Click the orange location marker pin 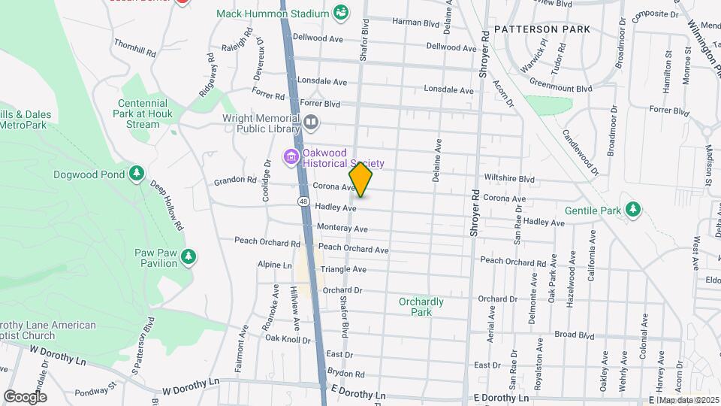(x=360, y=180)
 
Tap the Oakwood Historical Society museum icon (x=290, y=157)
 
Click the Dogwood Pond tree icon (x=136, y=174)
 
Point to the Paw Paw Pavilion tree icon (x=189, y=257)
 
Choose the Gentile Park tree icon (x=633, y=208)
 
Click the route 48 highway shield (x=303, y=201)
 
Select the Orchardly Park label (x=421, y=306)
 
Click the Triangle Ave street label (x=343, y=269)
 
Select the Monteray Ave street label (x=342, y=229)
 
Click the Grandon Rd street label (x=235, y=180)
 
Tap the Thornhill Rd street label (x=134, y=49)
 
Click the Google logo (x=25, y=396)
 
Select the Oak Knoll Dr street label (x=288, y=339)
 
